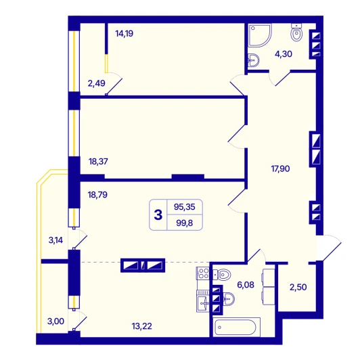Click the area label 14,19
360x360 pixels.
click(125, 34)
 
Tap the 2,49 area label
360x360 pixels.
click(96, 83)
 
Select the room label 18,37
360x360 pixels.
click(98, 162)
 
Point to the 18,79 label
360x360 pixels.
click(97, 195)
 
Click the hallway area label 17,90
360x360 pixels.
click(280, 168)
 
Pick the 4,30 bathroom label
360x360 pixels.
click(284, 54)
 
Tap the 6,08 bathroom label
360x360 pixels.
click(246, 285)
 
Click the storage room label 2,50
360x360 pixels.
click(298, 287)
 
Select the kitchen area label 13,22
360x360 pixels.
click(141, 326)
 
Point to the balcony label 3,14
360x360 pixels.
click(55, 240)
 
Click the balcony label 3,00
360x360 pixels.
click(55, 321)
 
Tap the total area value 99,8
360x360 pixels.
click(185, 223)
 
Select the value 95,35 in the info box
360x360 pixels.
click(185, 207)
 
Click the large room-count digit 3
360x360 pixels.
click(158, 215)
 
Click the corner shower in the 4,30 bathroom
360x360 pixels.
click(259, 35)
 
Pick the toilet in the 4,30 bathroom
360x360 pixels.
click(296, 32)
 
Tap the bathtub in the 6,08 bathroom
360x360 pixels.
click(236, 327)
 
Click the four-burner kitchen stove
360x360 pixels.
click(202, 273)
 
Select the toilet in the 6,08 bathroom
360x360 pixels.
click(221, 275)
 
